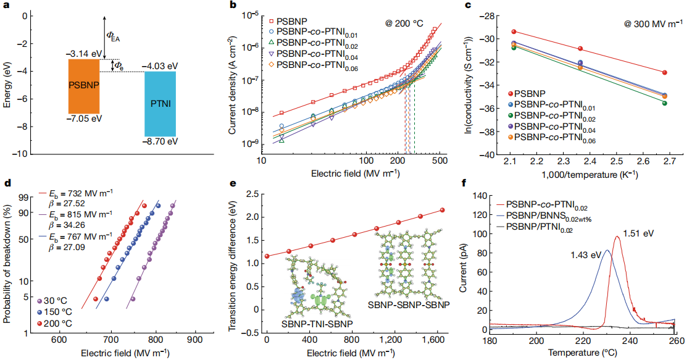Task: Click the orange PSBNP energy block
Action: [x=84, y=86]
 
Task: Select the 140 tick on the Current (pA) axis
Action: [x=477, y=195]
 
